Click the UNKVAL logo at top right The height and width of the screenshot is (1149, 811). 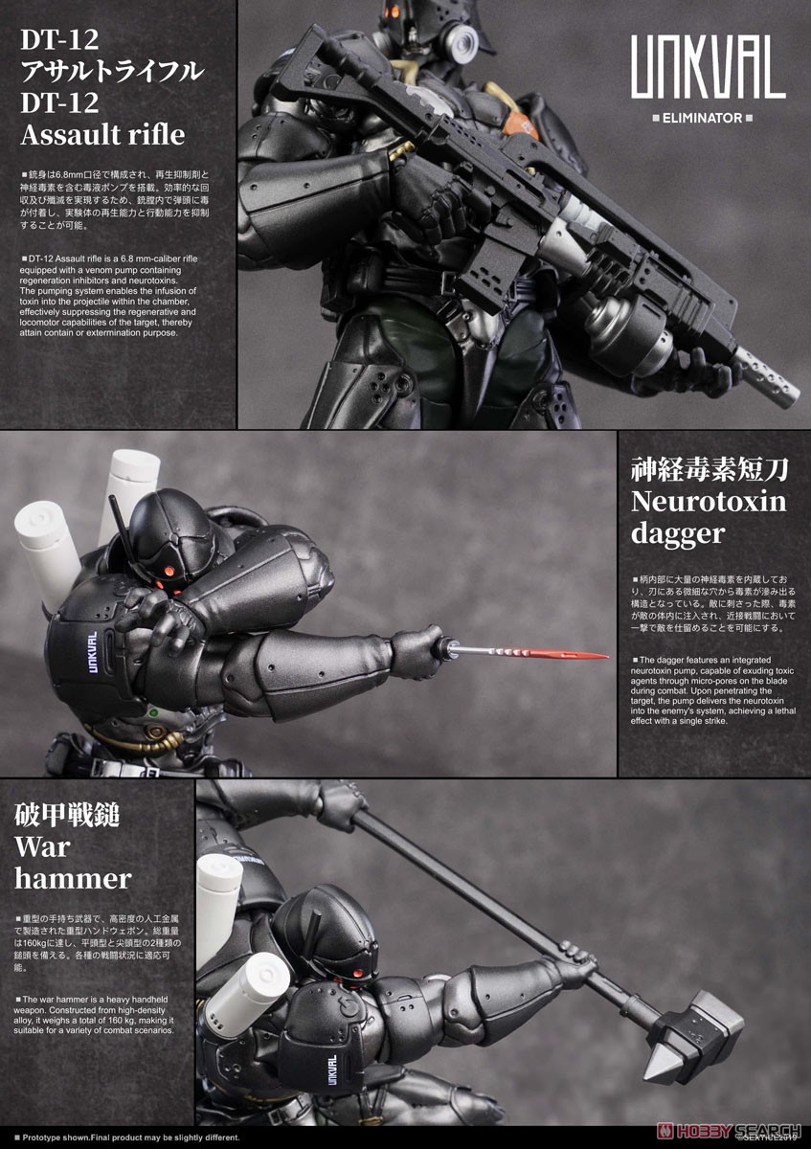pyautogui.click(x=708, y=73)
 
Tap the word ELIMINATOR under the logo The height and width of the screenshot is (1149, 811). pyautogui.click(x=708, y=119)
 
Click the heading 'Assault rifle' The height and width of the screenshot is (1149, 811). pyautogui.click(x=102, y=133)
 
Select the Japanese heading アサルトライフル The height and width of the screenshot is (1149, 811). pyautogui.click(x=113, y=72)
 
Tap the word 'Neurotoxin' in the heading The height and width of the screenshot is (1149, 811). pyautogui.click(x=708, y=502)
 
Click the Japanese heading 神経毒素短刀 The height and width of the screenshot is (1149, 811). pyautogui.click(x=709, y=469)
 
